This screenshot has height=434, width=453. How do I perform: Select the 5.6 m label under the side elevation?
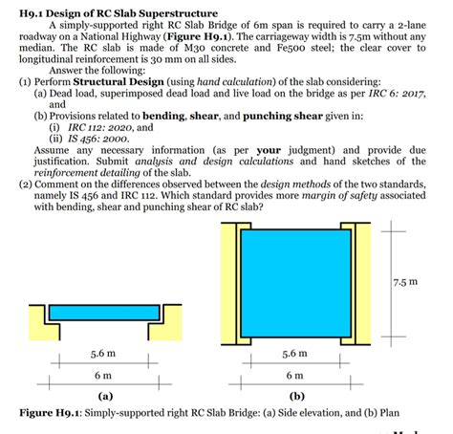coord(103,351)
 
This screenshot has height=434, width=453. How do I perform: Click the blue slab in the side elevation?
coord(103,311)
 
